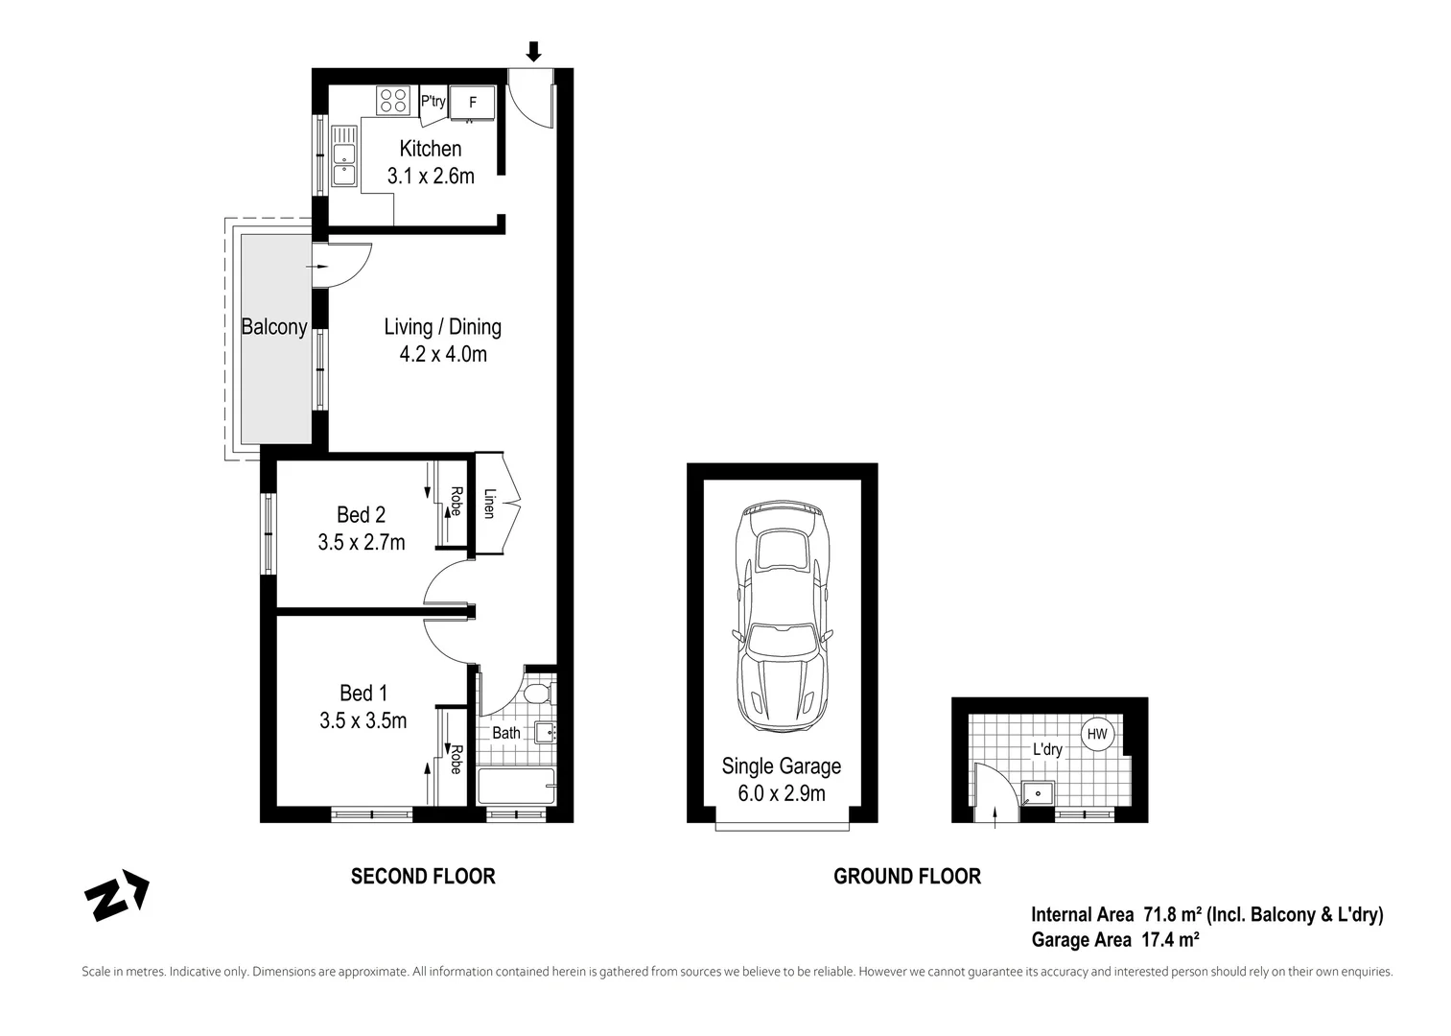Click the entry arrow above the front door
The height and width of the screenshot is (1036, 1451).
[533, 52]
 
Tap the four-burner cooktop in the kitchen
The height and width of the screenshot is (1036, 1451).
[392, 101]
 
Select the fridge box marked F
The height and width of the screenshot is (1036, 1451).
[472, 102]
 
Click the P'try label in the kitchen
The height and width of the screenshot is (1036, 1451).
[433, 101]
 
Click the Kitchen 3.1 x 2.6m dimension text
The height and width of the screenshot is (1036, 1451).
[431, 177]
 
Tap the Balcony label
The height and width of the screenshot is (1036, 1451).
[273, 327]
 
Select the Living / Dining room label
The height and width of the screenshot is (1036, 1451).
[442, 327]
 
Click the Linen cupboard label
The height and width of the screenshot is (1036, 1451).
[489, 504]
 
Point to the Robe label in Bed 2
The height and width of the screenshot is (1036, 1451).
[456, 502]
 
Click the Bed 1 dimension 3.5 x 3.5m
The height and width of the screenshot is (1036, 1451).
[363, 720]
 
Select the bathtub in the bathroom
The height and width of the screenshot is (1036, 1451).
[516, 787]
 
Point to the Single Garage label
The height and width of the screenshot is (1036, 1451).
[781, 766]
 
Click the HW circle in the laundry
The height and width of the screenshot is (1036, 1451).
[1097, 735]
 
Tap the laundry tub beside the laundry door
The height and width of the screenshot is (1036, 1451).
[1037, 793]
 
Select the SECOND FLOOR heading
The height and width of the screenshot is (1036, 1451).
[423, 876]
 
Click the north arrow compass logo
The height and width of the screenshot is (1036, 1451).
[117, 896]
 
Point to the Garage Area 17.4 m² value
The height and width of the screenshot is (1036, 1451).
[1170, 940]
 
